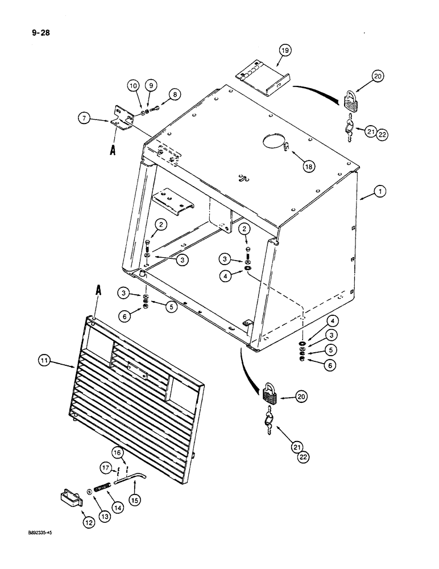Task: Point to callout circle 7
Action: click(85, 119)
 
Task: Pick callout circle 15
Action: click(135, 500)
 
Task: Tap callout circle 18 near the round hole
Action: click(309, 166)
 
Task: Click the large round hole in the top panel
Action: click(274, 143)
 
